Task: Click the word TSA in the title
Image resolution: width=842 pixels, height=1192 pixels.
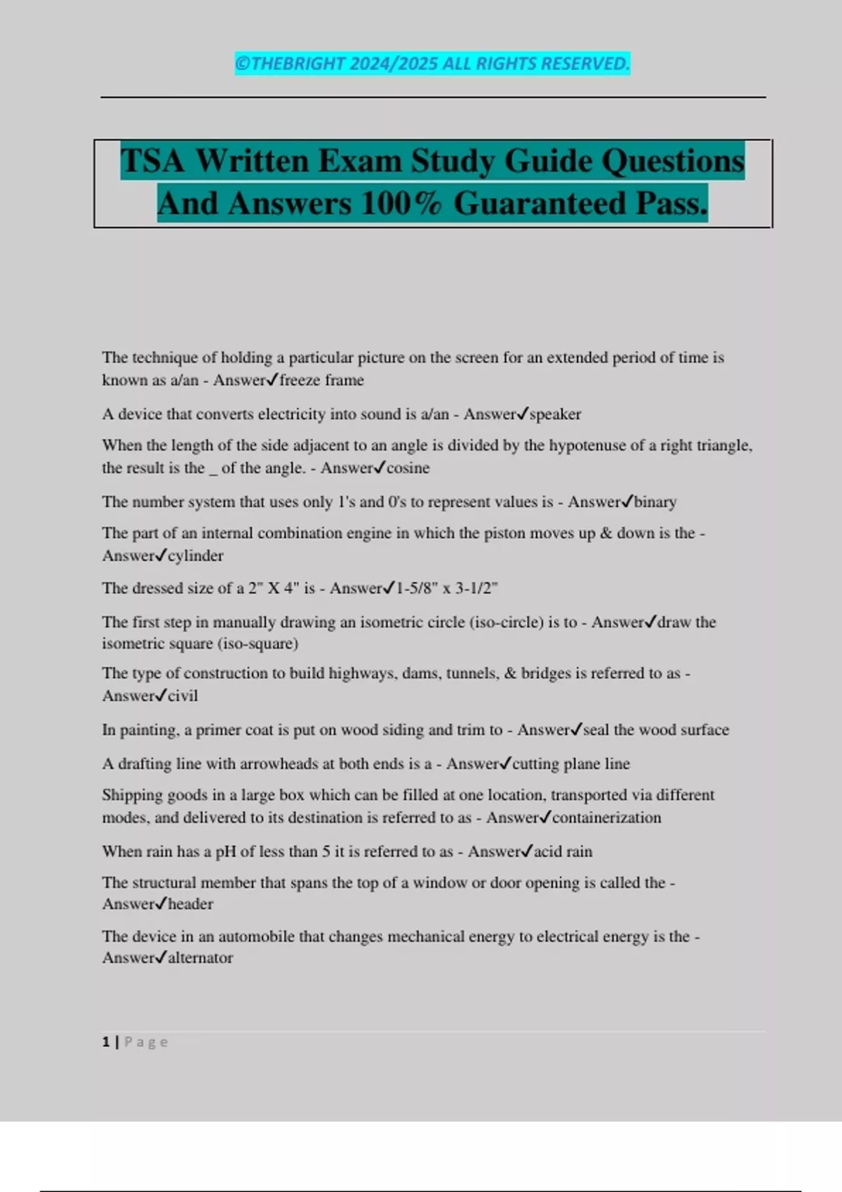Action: pos(154,161)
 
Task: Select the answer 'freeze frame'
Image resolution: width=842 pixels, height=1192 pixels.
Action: pos(321,380)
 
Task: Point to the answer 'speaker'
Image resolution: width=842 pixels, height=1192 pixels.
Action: pos(555,414)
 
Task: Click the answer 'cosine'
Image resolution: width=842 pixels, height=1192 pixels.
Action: pos(408,468)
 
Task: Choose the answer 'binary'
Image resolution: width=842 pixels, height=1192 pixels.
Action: pos(655,502)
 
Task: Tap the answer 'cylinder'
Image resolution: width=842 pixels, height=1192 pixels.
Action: pos(195,555)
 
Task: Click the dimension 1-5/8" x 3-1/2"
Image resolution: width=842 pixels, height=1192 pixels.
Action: pos(447,588)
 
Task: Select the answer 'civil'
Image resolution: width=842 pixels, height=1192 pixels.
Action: pos(182,696)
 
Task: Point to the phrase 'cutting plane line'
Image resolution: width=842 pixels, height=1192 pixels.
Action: pos(570,764)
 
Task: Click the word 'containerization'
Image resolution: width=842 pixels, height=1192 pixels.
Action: pos(606,818)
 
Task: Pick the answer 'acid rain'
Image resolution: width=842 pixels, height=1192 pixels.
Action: pos(563,851)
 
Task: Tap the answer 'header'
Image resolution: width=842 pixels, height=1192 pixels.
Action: pos(190,904)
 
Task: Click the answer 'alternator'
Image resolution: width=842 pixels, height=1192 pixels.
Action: pos(200,958)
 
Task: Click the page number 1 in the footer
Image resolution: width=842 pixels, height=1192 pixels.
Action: pos(106,1042)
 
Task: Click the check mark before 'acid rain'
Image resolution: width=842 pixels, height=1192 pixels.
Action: pos(527,851)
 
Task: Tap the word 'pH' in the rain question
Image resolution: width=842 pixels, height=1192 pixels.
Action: pos(225,851)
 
